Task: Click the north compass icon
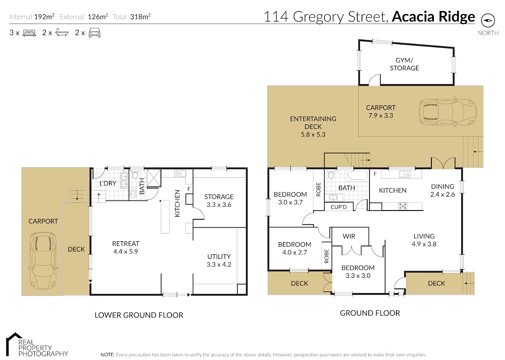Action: click(x=488, y=20)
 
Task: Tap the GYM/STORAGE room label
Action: click(x=404, y=64)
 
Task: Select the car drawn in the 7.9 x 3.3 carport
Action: click(x=448, y=112)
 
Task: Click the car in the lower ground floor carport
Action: click(x=43, y=261)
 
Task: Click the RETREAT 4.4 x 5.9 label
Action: click(x=125, y=248)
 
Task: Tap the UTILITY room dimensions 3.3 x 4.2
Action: click(x=219, y=264)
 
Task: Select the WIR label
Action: click(x=349, y=236)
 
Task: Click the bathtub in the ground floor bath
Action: click(x=358, y=176)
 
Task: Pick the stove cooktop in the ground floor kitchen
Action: click(x=402, y=206)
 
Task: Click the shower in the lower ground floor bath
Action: click(x=154, y=178)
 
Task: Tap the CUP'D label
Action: click(x=339, y=207)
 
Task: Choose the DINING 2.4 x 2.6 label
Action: click(x=442, y=190)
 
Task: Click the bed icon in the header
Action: click(x=29, y=33)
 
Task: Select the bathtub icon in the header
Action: click(x=62, y=33)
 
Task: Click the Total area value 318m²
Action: click(x=140, y=17)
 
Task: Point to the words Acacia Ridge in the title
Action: click(x=433, y=17)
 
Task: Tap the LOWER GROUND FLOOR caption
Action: click(x=139, y=315)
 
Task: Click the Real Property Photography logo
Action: click(x=37, y=344)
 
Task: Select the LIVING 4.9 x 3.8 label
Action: click(x=424, y=240)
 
